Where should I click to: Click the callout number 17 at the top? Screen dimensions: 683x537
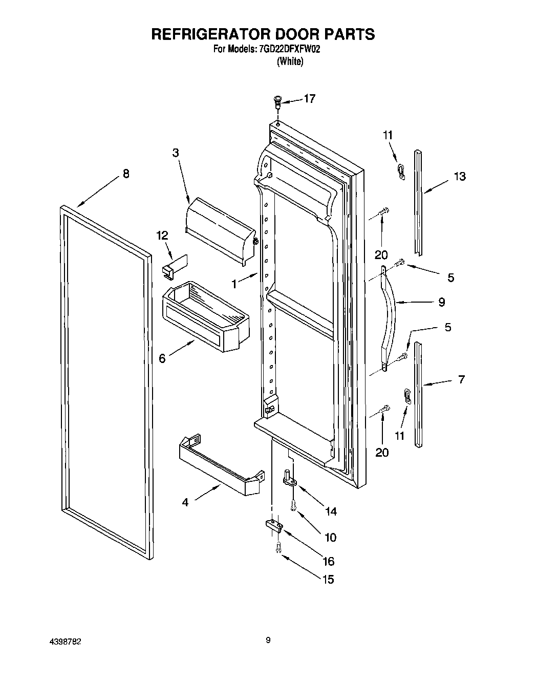coord(309,99)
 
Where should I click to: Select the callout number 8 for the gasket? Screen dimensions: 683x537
coord(125,174)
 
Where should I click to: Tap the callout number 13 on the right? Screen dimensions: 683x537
coord(460,177)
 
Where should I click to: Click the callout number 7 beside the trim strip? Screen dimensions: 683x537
coord(461,380)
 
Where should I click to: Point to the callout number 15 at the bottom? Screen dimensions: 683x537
coord(327,579)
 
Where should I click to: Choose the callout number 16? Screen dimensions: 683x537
coord(328,561)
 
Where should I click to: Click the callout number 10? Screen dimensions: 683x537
coord(330,537)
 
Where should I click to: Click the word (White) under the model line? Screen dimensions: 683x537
coord(290,61)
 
